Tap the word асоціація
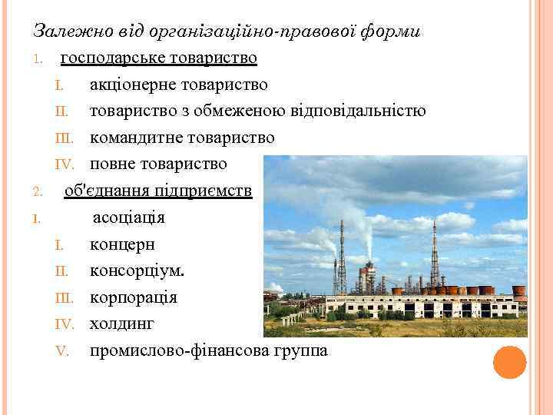click(x=129, y=217)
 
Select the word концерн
click(x=122, y=244)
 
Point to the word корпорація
click(x=133, y=297)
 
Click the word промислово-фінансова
click(x=179, y=351)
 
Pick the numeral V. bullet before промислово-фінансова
click(x=63, y=352)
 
